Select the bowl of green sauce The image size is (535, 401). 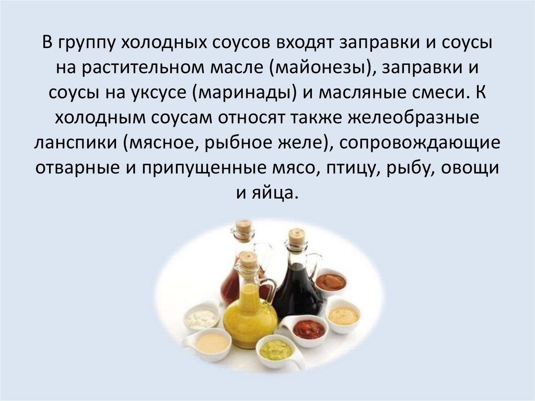pyautogui.click(x=274, y=349)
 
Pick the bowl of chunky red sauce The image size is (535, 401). pyautogui.click(x=309, y=329)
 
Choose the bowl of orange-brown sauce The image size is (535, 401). pyautogui.click(x=330, y=282)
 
